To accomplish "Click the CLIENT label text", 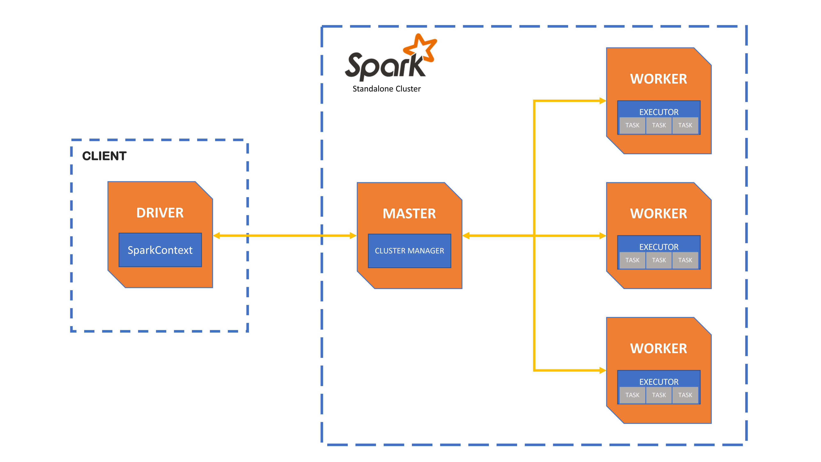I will coord(104,156).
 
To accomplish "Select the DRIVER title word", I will coord(160,213).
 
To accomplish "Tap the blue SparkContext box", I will coord(160,250).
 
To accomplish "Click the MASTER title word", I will coord(409,214).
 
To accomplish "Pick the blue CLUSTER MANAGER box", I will coord(409,251).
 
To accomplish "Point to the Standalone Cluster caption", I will coord(386,89).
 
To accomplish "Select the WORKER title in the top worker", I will coord(658,79).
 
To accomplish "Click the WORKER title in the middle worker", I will coord(658,214).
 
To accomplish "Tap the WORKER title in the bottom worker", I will coord(658,348).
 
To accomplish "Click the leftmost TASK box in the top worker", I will coord(632,125).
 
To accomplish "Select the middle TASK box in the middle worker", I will coord(659,260).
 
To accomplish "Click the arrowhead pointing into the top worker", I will coord(602,101).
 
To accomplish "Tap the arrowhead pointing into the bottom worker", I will coord(602,370).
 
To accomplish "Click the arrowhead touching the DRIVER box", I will coord(217,236).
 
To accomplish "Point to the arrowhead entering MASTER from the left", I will coord(353,236).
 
